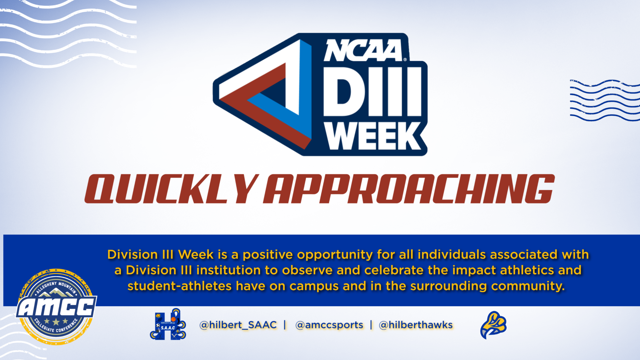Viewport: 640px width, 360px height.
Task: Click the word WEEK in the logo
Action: click(x=373, y=136)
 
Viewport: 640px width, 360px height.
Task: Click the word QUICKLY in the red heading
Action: click(x=171, y=189)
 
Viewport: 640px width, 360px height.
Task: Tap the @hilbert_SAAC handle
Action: click(x=238, y=325)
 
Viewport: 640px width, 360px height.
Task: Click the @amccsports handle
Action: click(x=329, y=325)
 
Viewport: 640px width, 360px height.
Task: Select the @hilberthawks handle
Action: click(x=416, y=325)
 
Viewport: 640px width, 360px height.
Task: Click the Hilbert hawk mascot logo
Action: click(x=493, y=325)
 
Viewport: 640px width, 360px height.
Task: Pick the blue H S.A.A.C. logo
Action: click(x=168, y=324)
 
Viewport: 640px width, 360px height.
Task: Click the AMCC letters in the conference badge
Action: click(x=57, y=307)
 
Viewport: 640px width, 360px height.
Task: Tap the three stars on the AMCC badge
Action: click(x=56, y=321)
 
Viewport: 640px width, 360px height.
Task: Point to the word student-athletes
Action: click(x=180, y=286)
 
